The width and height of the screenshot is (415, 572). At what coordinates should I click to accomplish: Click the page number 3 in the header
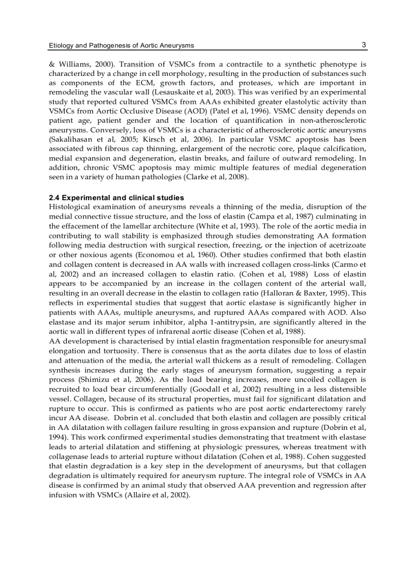364,45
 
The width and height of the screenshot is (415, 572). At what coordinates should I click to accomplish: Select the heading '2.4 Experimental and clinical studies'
116,198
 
